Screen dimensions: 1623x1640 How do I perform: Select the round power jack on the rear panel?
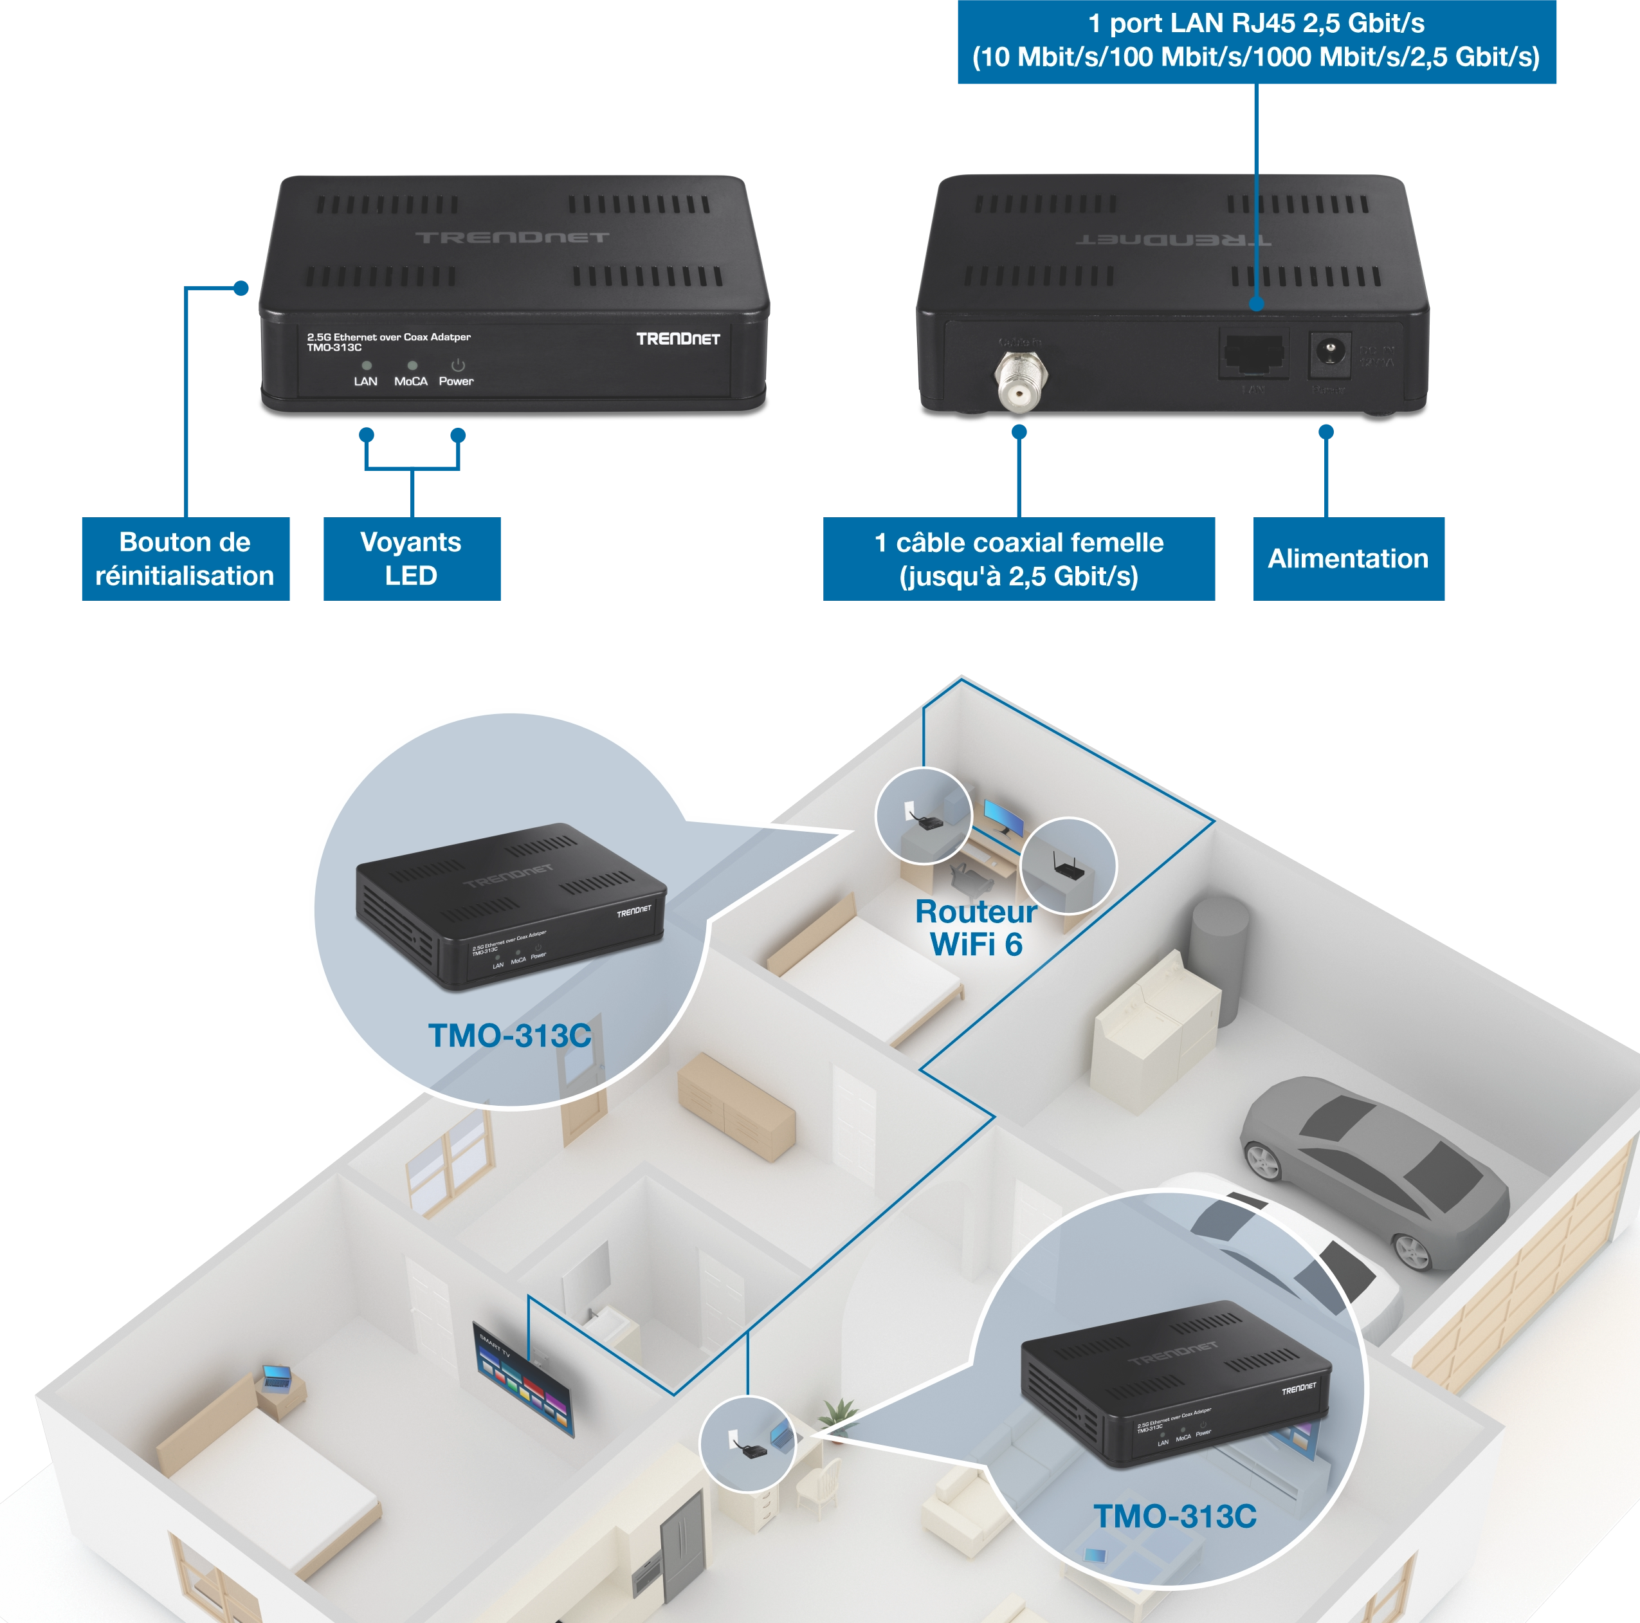(x=1329, y=351)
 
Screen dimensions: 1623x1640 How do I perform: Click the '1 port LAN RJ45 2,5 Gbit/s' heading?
(x=1255, y=23)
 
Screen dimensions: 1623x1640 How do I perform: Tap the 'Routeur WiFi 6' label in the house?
(x=976, y=928)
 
